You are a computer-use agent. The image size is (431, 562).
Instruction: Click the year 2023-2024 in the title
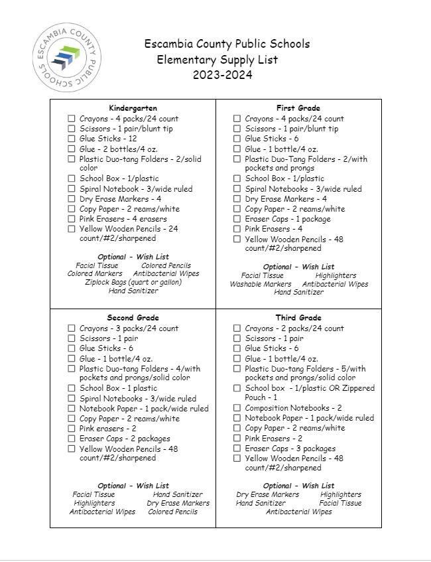[222, 75]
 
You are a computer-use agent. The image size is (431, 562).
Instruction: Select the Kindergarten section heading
[133, 108]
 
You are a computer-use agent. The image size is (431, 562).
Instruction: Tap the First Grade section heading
[298, 108]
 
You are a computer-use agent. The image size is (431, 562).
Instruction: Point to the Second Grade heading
[133, 318]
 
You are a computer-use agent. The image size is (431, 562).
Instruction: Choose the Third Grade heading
[298, 318]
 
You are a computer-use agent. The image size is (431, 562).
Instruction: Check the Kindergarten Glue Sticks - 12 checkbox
[72, 139]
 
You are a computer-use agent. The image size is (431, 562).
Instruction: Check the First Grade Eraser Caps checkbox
[237, 219]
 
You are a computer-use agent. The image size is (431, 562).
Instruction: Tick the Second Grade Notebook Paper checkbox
[72, 409]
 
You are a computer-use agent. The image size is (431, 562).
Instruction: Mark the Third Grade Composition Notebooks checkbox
[237, 409]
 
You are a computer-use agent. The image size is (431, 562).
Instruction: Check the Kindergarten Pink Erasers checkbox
[72, 219]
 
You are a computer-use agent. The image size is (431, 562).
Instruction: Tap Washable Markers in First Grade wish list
[260, 284]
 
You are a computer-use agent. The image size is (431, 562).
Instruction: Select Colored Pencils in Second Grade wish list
[172, 512]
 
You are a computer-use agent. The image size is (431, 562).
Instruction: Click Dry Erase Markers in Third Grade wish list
[267, 494]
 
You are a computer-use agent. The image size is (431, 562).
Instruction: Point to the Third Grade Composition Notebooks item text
[293, 409]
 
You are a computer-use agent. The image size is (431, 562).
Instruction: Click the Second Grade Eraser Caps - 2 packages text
[125, 439]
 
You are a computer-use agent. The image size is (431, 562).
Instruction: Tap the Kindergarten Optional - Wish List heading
[133, 257]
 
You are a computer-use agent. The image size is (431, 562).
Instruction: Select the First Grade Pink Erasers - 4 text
[273, 229]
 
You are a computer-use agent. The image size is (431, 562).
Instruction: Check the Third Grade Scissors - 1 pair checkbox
[237, 338]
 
